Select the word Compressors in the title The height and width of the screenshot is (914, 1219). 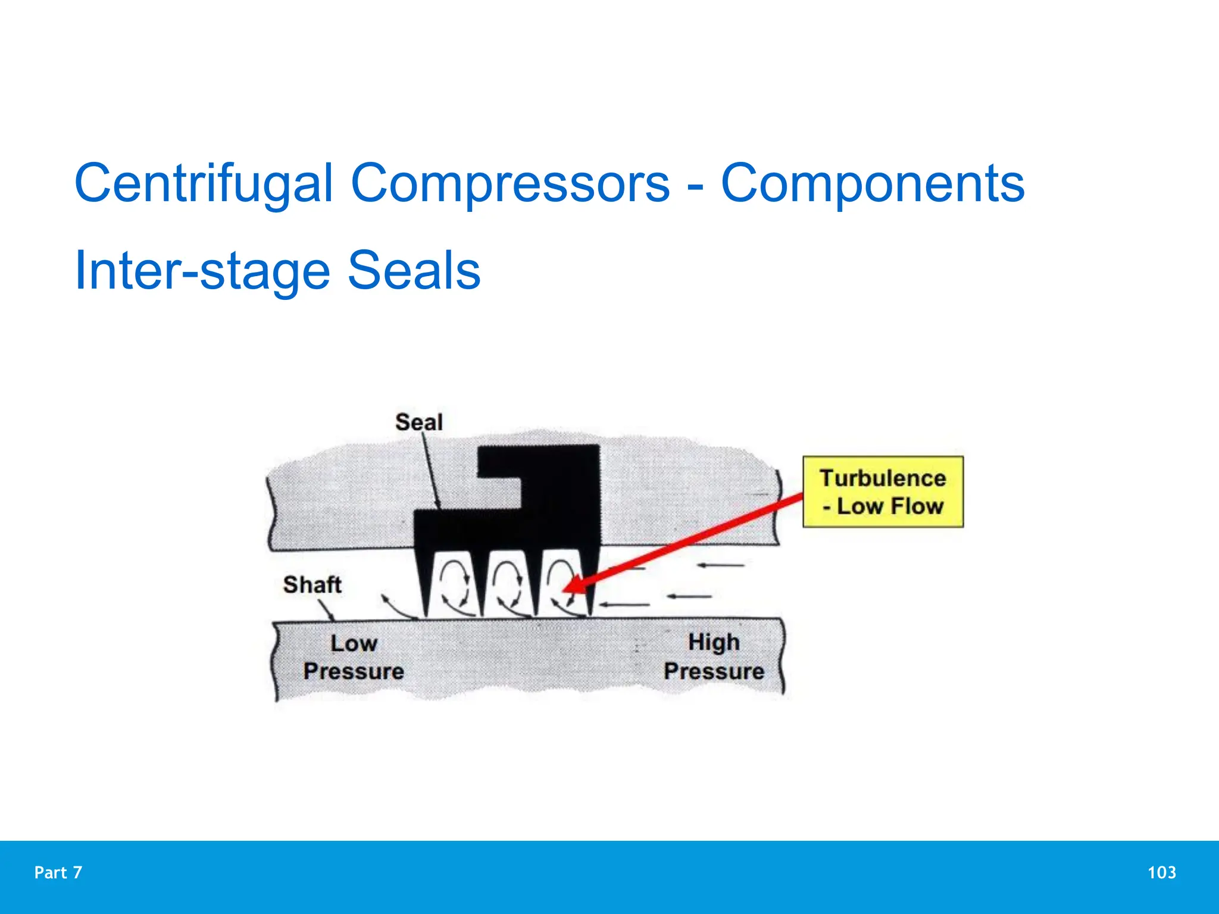point(510,183)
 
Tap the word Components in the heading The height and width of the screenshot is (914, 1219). point(873,183)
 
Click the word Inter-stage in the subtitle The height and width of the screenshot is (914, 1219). point(202,271)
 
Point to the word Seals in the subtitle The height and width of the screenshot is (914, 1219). point(414,271)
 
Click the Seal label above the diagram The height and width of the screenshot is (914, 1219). point(419,422)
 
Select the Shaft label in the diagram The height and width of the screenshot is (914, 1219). point(312,584)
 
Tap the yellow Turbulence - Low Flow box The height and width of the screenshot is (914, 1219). point(883,492)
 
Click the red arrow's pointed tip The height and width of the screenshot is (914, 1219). point(566,590)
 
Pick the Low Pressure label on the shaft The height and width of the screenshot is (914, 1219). point(354,657)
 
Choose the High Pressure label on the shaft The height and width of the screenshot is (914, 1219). point(714,656)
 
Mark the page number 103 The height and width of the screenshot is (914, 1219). point(1161,872)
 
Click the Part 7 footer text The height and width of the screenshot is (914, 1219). point(58,872)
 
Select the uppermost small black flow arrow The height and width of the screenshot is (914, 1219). point(720,565)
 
